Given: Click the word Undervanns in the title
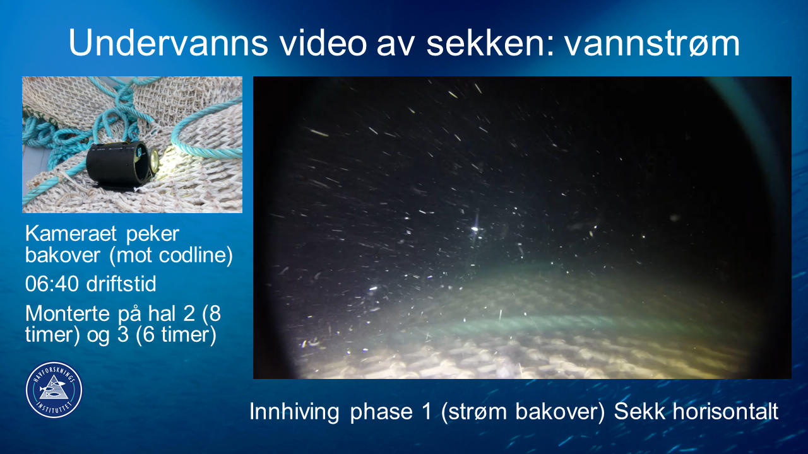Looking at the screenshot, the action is click(x=168, y=42).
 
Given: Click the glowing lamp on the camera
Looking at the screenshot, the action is click(x=154, y=160).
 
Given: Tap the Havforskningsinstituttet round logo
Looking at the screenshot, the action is click(x=54, y=390).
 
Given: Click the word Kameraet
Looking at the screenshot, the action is click(x=71, y=233).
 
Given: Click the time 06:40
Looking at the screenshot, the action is click(x=52, y=284).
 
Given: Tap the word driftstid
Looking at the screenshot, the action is click(x=121, y=284).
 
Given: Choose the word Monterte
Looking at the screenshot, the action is click(x=68, y=313).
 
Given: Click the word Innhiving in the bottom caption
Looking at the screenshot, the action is click(x=294, y=412).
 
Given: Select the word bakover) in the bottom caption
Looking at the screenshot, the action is click(x=560, y=412).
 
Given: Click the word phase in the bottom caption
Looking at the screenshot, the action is click(x=381, y=412).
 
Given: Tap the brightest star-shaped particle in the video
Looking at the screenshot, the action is click(x=475, y=228).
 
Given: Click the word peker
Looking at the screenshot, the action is click(x=153, y=234).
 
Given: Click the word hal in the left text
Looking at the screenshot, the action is click(x=162, y=313).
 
